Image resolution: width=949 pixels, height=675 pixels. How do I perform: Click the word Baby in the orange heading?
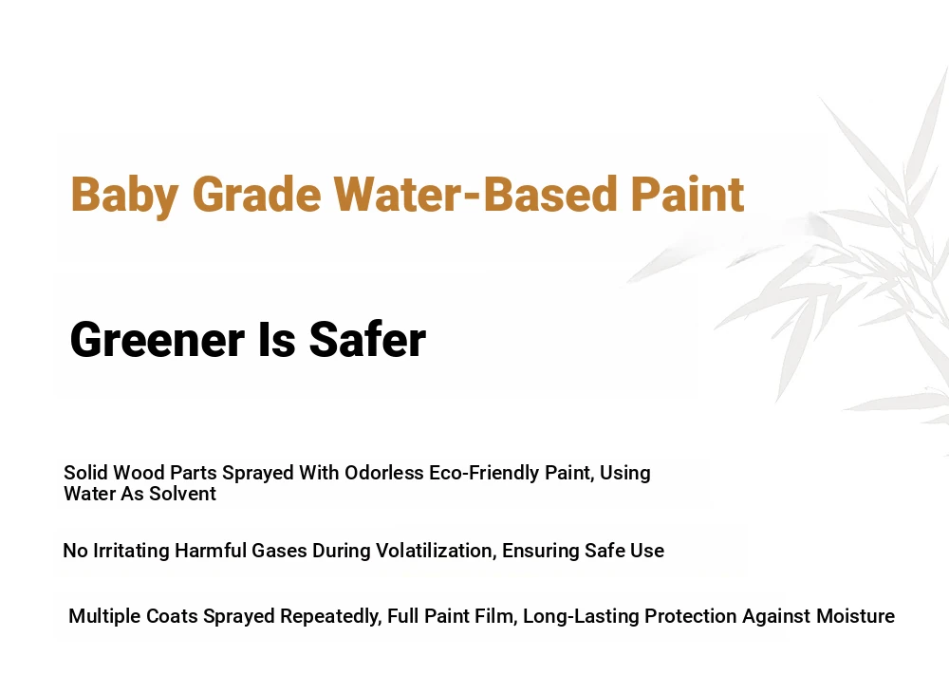(x=124, y=195)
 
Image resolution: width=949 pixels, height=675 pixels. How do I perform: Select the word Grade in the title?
(x=256, y=194)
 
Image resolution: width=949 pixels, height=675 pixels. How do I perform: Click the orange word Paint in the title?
(x=687, y=194)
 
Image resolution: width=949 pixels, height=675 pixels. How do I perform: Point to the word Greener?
(x=158, y=340)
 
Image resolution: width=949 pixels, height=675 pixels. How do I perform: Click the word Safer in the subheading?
(x=367, y=340)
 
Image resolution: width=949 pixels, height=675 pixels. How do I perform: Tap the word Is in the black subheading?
(x=277, y=340)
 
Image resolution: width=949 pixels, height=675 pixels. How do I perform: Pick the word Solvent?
(x=182, y=494)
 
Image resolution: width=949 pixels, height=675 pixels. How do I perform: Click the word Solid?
(x=86, y=473)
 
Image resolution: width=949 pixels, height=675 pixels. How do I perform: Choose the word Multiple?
(x=102, y=616)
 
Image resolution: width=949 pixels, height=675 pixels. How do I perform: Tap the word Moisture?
(x=855, y=616)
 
